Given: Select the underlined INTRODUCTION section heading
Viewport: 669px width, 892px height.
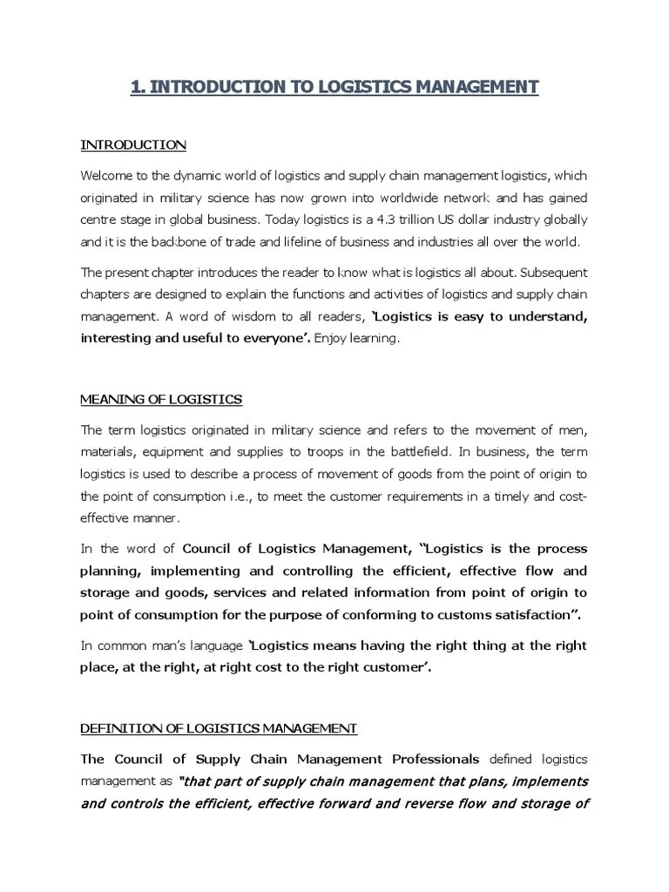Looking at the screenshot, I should click(133, 144).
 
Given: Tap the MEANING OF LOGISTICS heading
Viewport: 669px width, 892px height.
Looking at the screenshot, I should click(161, 399).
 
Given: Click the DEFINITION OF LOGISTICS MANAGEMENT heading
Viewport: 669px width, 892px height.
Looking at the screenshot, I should click(219, 727).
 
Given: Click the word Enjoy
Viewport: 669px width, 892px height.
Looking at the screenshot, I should click(336, 339).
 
